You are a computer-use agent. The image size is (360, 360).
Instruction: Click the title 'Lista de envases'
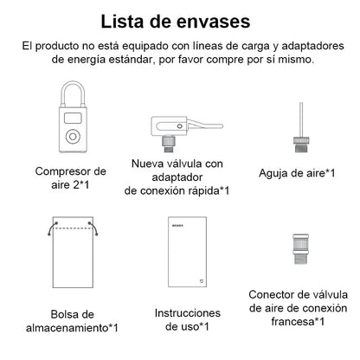(x=180, y=20)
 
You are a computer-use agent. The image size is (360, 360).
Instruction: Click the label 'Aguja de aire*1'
(x=298, y=171)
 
